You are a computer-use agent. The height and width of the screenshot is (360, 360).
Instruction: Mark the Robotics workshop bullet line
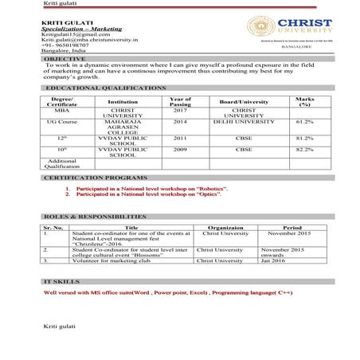[x=151, y=190]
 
